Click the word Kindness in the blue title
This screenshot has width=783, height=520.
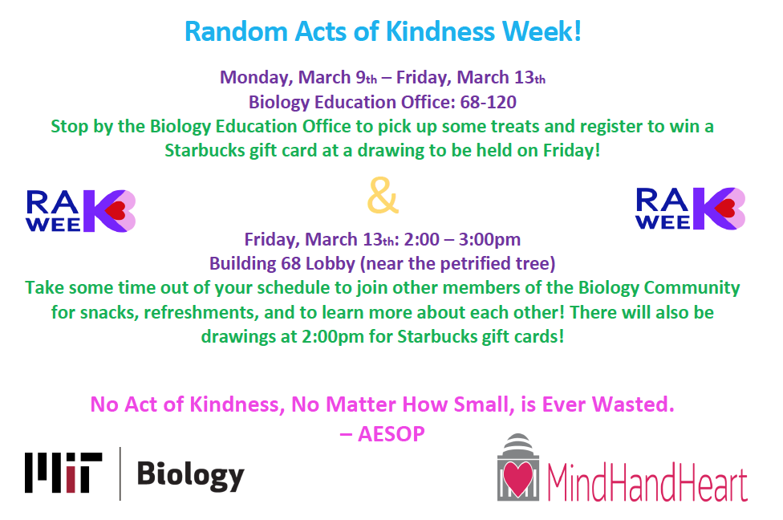440,31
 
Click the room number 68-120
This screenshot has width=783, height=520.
488,102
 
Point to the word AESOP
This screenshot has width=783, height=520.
391,433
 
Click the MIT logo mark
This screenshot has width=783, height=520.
63,473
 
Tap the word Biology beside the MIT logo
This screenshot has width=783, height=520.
191,475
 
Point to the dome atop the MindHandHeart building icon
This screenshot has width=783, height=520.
517,443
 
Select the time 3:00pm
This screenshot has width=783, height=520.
489,240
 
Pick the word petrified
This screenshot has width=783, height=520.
465,263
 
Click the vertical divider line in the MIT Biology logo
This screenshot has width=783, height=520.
120,473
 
